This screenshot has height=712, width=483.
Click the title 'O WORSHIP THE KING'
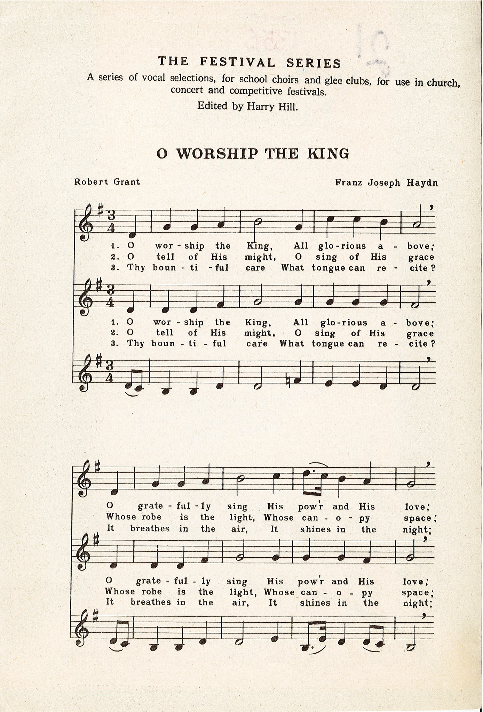click(x=253, y=153)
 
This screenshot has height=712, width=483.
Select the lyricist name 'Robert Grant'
click(x=107, y=181)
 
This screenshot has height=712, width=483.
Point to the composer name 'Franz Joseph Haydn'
click(x=386, y=183)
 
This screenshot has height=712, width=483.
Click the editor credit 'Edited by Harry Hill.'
click(x=248, y=106)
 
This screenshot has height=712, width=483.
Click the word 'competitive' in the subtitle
click(x=258, y=91)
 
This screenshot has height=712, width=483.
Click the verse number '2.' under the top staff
click(x=113, y=257)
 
